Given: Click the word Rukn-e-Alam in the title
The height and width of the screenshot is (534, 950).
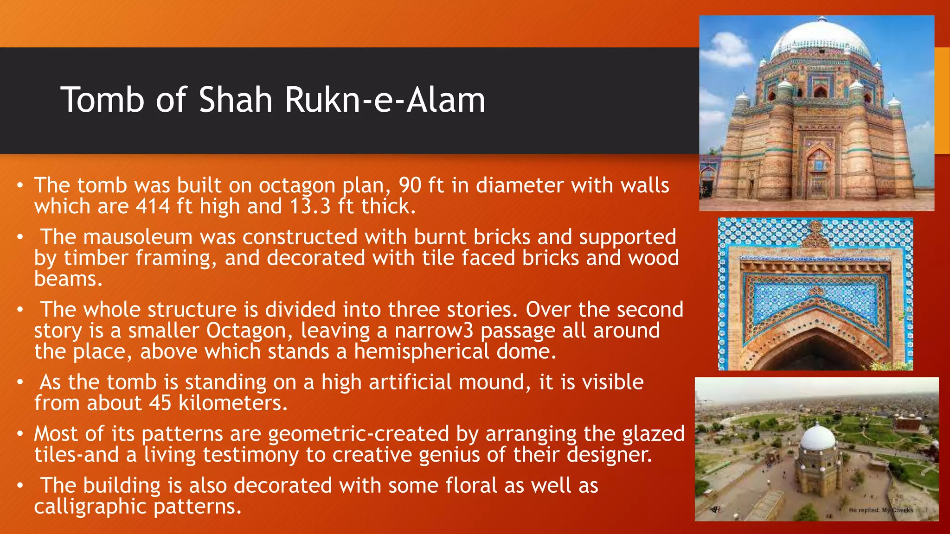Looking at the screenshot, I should tap(385, 100).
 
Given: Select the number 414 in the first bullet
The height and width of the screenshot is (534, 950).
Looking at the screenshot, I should tap(153, 206).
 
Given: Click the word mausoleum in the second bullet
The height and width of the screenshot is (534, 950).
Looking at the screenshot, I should tap(138, 237).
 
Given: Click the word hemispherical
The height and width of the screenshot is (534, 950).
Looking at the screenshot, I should tap(421, 351).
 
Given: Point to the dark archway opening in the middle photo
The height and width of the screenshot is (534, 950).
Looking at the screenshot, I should tap(816, 355).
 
